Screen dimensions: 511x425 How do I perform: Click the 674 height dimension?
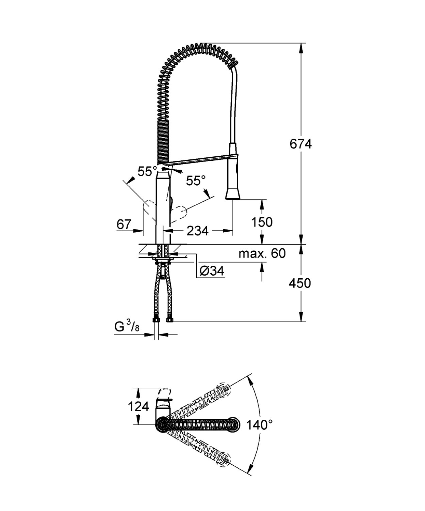coord(300,144)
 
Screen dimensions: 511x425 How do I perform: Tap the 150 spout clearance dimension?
coord(262,222)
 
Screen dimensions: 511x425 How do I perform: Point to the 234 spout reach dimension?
coord(197,231)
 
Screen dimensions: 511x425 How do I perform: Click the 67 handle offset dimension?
coord(124,224)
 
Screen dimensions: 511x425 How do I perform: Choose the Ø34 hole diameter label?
coord(212,271)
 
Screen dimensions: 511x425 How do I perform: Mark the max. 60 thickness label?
coord(262,253)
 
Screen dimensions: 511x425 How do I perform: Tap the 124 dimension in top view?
coord(138,406)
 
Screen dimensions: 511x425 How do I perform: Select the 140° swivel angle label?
coord(259,424)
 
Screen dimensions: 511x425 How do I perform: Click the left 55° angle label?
coord(147,171)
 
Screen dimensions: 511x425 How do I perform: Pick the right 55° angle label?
coord(196,181)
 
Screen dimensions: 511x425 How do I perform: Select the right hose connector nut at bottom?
coord(169,320)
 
